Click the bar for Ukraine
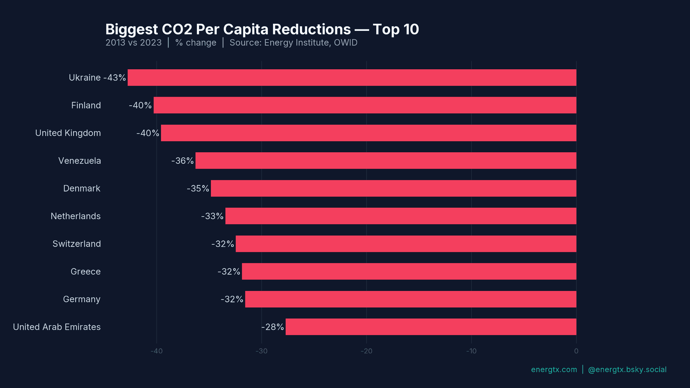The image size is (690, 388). (x=352, y=78)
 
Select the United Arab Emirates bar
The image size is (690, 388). (x=431, y=327)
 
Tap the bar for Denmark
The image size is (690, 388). (x=394, y=188)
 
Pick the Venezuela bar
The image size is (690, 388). (x=386, y=161)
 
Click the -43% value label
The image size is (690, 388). (x=115, y=78)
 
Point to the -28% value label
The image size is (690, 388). (x=272, y=327)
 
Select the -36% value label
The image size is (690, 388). (x=183, y=161)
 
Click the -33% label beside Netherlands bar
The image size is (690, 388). (x=212, y=216)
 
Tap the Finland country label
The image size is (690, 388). (x=86, y=105)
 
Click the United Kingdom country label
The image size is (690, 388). (x=68, y=133)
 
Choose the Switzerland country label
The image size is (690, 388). (x=77, y=244)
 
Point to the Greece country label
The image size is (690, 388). (x=86, y=271)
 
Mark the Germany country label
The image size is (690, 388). (x=82, y=299)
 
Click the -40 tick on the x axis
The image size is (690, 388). (x=157, y=351)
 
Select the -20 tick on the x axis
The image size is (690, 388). (x=366, y=351)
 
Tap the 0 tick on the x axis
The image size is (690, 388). (x=576, y=351)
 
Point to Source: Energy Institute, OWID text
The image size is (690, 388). (x=293, y=43)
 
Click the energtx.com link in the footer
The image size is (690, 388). (x=554, y=369)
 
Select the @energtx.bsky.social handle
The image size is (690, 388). (x=627, y=369)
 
